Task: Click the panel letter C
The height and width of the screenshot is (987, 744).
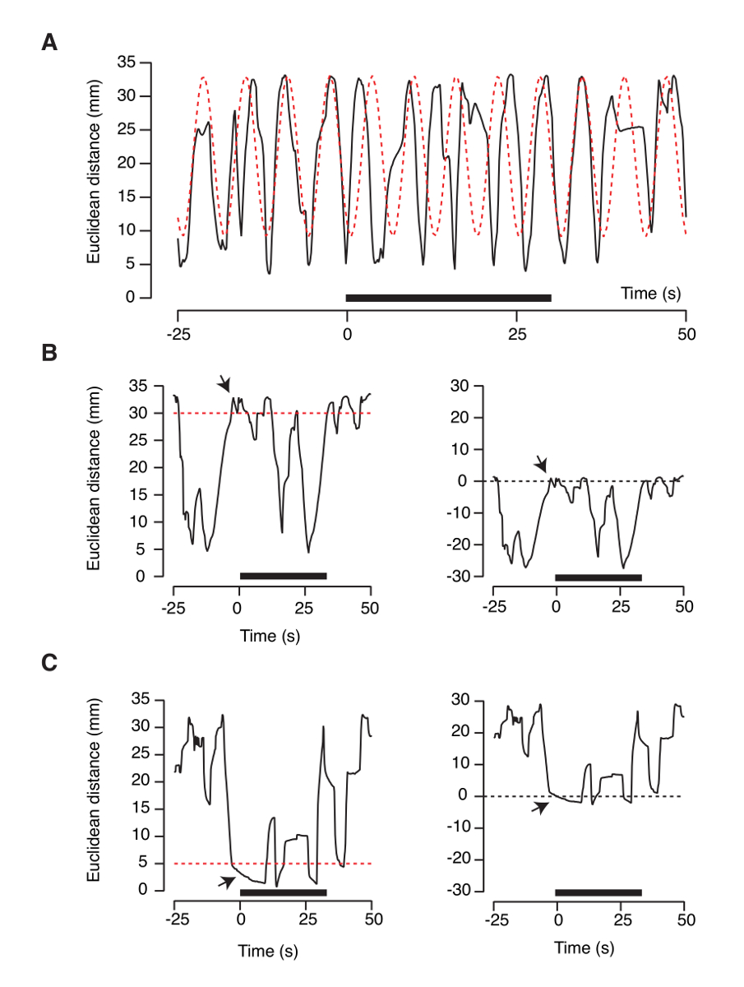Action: [49, 663]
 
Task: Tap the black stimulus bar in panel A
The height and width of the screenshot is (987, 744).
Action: [448, 298]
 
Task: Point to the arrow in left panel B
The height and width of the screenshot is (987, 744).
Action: [225, 384]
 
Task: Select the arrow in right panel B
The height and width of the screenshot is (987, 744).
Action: [541, 465]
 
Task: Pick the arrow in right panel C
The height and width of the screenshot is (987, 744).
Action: [540, 808]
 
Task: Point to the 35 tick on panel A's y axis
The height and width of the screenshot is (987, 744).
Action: [126, 63]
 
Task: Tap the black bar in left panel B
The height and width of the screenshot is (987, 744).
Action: [283, 576]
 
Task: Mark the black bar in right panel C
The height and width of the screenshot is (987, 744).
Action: [598, 892]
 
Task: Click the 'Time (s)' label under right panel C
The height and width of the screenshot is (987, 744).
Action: [585, 948]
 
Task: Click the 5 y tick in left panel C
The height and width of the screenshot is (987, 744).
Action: [148, 863]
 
